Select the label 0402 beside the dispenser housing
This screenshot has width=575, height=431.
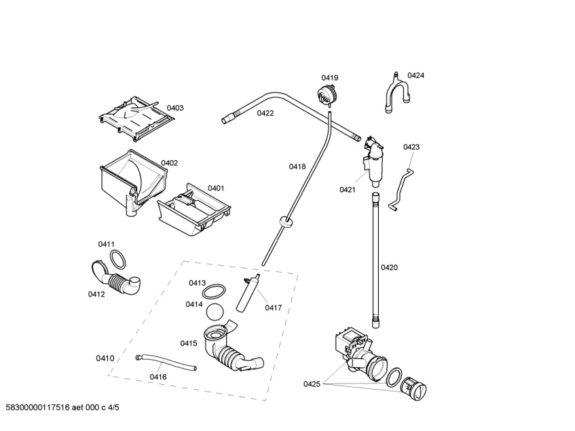[x=169, y=163]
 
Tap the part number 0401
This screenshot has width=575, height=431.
[x=216, y=188]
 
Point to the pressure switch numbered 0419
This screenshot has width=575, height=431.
[x=327, y=94]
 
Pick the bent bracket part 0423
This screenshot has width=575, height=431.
[x=401, y=187]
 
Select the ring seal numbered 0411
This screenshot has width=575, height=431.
[x=118, y=258]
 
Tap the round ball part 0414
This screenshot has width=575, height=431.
[x=217, y=312]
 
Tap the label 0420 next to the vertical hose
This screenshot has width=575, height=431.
[x=389, y=267]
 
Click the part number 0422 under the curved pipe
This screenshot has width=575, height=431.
[x=265, y=113]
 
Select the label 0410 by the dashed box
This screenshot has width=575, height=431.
[x=105, y=358]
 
